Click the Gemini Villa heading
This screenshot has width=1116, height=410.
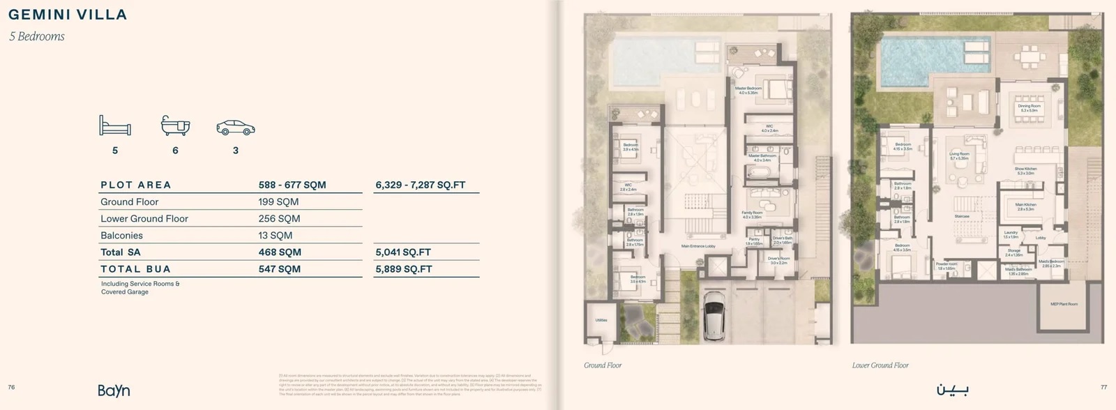[x=68, y=15]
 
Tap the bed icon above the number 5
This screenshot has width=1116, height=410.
[x=115, y=126]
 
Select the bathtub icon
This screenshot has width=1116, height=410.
[x=175, y=126]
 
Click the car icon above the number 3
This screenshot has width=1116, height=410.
[x=236, y=128]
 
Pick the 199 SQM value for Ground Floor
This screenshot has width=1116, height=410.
[x=278, y=202]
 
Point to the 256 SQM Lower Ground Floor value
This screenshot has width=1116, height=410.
[x=279, y=219]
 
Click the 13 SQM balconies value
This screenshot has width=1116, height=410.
[x=275, y=236]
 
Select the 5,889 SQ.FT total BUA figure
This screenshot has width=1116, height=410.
[x=403, y=269]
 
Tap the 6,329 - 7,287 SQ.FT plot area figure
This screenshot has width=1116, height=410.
[x=420, y=185]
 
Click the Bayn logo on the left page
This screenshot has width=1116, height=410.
[x=114, y=390]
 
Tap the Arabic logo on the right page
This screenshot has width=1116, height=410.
[x=951, y=389]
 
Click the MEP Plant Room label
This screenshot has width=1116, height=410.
[x=1064, y=304]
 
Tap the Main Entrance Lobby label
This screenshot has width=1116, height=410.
[x=698, y=246]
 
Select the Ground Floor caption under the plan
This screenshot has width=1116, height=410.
[x=603, y=365]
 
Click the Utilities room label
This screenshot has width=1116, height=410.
[x=601, y=320]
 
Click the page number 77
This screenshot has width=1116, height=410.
[x=1103, y=387]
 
